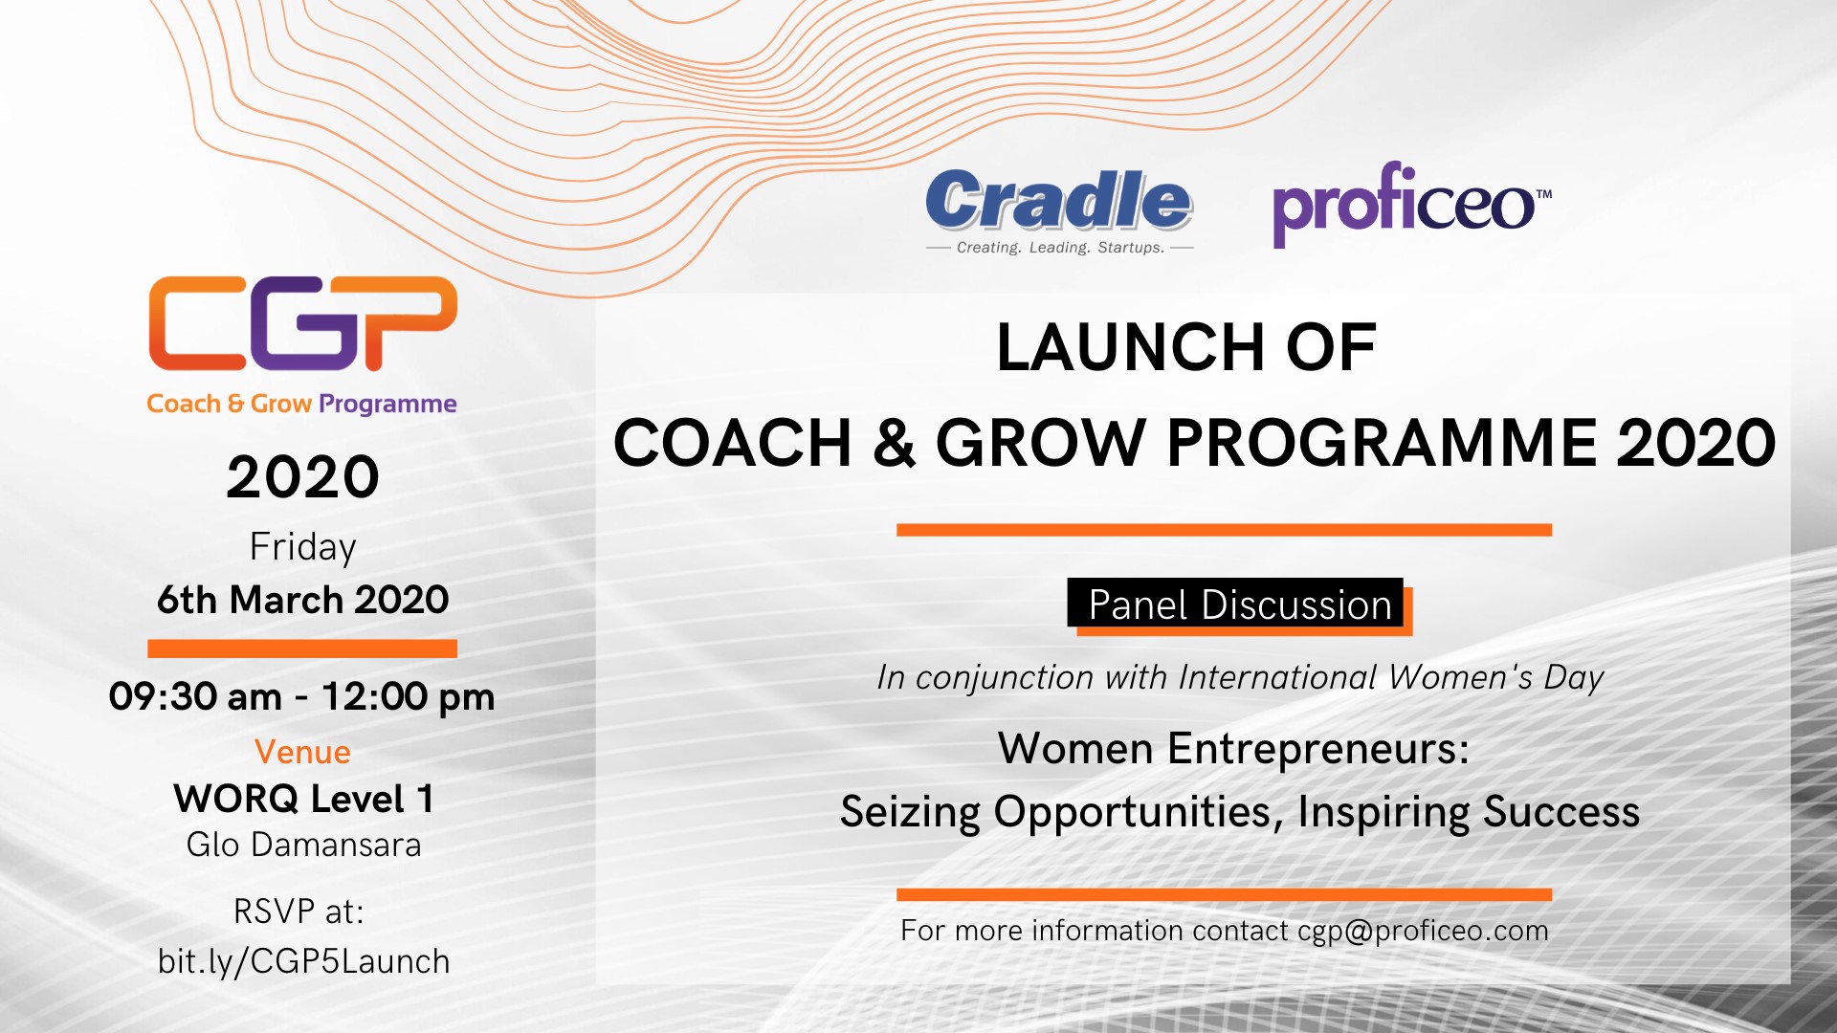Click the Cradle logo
coord(1059,211)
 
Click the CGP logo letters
coord(302,323)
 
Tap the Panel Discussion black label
coord(1235,604)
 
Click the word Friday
coord(302,547)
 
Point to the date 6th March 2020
coord(302,600)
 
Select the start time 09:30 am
coord(195,696)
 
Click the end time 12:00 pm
coord(408,697)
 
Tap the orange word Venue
coord(302,752)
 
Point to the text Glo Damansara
coord(303,845)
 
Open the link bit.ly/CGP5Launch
coord(303,961)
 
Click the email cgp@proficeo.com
coord(1423,931)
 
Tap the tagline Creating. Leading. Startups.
coord(1060,248)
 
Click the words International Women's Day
coord(1391,677)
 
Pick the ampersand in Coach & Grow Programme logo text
coord(235,404)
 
